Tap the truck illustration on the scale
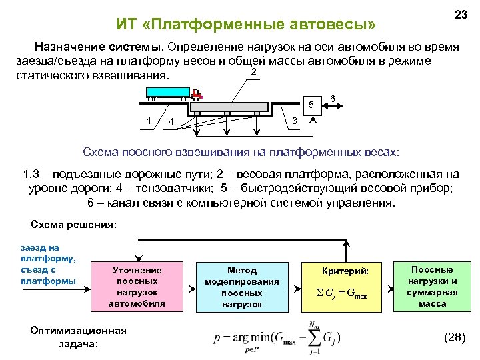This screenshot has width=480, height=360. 175,95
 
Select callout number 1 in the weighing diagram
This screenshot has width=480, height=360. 149,120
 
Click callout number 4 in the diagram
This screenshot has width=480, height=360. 171,122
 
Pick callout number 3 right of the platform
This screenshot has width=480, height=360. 295,121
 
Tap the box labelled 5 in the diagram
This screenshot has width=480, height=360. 309,104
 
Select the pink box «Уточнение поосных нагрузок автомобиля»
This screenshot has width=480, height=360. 137,287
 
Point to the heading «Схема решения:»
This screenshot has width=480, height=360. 74,225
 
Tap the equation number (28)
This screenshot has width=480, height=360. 454,337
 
